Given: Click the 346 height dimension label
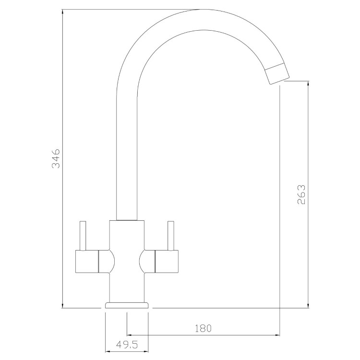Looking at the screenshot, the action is (56, 158).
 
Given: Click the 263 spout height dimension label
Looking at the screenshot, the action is (301, 194).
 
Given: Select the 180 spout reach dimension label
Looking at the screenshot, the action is (203, 328).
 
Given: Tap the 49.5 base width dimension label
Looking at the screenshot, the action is (127, 345).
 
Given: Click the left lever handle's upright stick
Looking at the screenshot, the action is (83, 236).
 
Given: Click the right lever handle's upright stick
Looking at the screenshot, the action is (171, 236).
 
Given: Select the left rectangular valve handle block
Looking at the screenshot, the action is (87, 261).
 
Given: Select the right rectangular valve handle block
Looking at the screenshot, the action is (167, 261).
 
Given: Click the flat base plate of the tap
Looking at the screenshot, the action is (127, 305).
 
